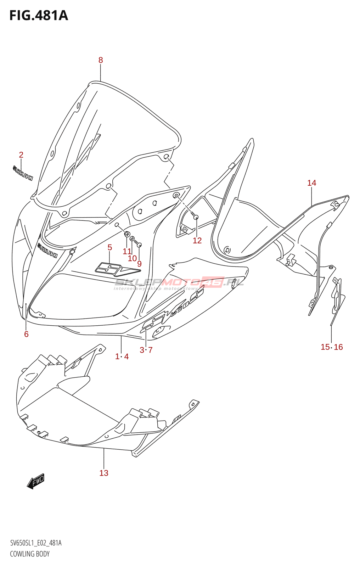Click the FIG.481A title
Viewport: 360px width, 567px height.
coord(38,16)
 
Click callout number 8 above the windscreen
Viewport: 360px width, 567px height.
coord(101,60)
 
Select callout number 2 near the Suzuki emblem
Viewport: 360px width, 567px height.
coord(21,155)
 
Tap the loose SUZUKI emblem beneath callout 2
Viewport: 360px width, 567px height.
coord(23,172)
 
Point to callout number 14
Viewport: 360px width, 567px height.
coord(311,183)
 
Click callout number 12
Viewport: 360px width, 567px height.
coord(197,241)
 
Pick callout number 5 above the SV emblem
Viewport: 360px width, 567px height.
coord(110,247)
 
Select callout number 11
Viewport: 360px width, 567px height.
coord(127,251)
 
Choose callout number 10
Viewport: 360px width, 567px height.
coord(132,258)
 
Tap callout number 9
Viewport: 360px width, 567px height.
coord(139,264)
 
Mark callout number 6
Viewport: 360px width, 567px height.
coord(26,334)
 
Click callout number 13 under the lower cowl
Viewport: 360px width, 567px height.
coord(104,473)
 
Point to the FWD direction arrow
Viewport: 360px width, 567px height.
coord(36,482)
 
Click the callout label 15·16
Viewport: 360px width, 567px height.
coord(332,347)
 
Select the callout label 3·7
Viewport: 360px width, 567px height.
coord(146,350)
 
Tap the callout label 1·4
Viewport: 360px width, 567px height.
coord(122,357)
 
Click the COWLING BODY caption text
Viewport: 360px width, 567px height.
coord(30,554)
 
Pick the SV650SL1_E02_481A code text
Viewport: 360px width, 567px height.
coord(36,543)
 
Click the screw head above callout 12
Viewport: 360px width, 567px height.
coord(196,217)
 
